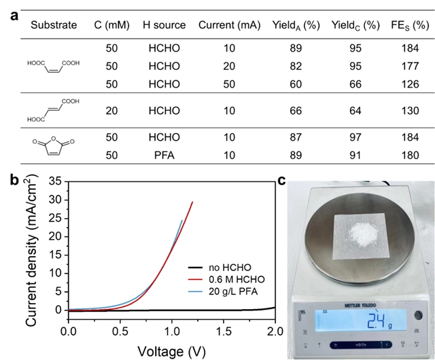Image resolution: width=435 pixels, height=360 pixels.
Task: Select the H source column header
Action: pyautogui.click(x=164, y=25)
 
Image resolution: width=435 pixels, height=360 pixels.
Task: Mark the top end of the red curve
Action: pyautogui.click(x=192, y=202)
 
